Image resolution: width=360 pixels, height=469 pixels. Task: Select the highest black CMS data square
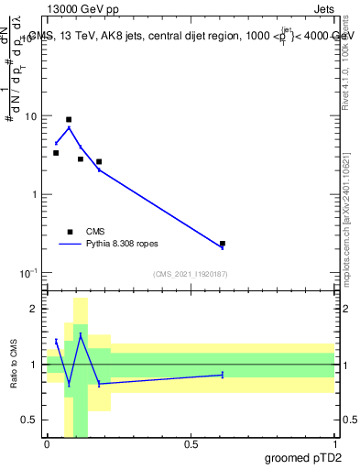pyautogui.click(x=69, y=120)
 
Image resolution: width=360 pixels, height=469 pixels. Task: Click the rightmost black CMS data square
pyautogui.click(x=223, y=244)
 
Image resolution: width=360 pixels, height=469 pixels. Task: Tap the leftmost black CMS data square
pyautogui.click(x=56, y=153)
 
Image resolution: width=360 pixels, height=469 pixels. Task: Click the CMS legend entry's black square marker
pyautogui.click(x=69, y=232)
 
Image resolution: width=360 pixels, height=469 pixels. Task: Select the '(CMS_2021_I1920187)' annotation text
pyautogui.click(x=191, y=274)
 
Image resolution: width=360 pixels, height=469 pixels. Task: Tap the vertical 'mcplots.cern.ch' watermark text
pyautogui.click(x=349, y=247)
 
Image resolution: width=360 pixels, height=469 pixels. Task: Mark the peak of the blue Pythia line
pyautogui.click(x=69, y=127)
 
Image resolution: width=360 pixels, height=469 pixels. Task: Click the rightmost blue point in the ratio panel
pyautogui.click(x=223, y=375)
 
